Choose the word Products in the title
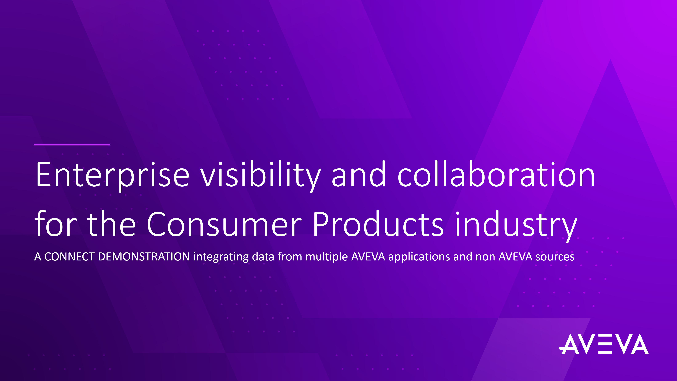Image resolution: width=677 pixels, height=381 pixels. [x=378, y=224]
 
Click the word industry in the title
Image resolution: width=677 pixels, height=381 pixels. [x=516, y=226]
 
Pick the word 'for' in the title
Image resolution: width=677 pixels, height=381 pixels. [x=56, y=224]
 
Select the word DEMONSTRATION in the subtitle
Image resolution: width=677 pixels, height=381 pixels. [x=144, y=257]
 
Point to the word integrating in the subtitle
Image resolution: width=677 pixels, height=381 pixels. [x=221, y=257]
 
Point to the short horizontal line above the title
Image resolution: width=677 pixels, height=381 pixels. [x=72, y=145]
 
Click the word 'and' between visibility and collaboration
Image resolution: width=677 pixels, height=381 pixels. [x=359, y=174]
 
